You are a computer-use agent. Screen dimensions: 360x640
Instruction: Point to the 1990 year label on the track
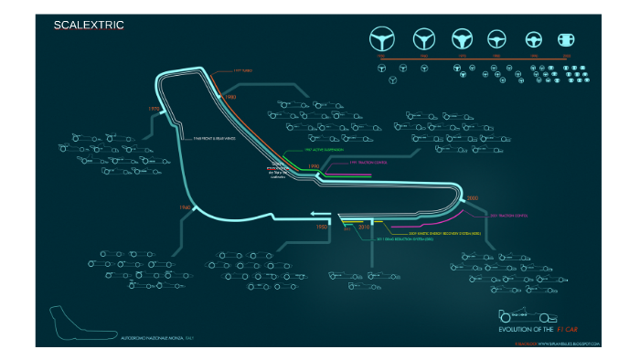[x=314, y=166]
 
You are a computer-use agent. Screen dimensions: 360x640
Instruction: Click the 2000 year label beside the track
[x=473, y=197]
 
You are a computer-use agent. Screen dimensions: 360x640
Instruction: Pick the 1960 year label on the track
[x=184, y=208]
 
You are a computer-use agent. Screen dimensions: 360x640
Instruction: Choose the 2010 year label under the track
[x=363, y=226]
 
